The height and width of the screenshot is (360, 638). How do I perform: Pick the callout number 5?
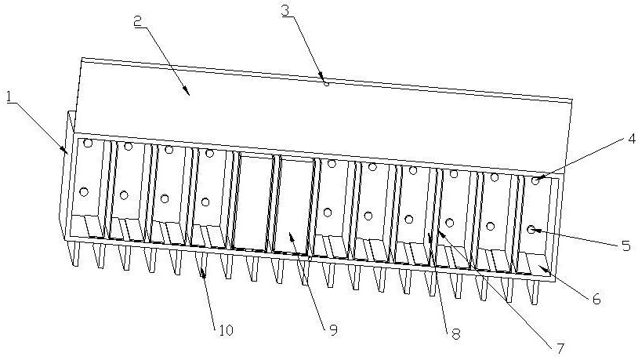625,245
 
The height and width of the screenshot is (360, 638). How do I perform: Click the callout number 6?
596,298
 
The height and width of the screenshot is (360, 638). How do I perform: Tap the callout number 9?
332,330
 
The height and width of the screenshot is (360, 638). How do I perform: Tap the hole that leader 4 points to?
536,181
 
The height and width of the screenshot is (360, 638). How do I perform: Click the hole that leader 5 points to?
531,229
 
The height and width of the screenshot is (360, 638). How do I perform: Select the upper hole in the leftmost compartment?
89,144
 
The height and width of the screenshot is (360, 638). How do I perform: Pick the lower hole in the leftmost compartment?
84,191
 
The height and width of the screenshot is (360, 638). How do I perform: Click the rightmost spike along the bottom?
536,293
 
